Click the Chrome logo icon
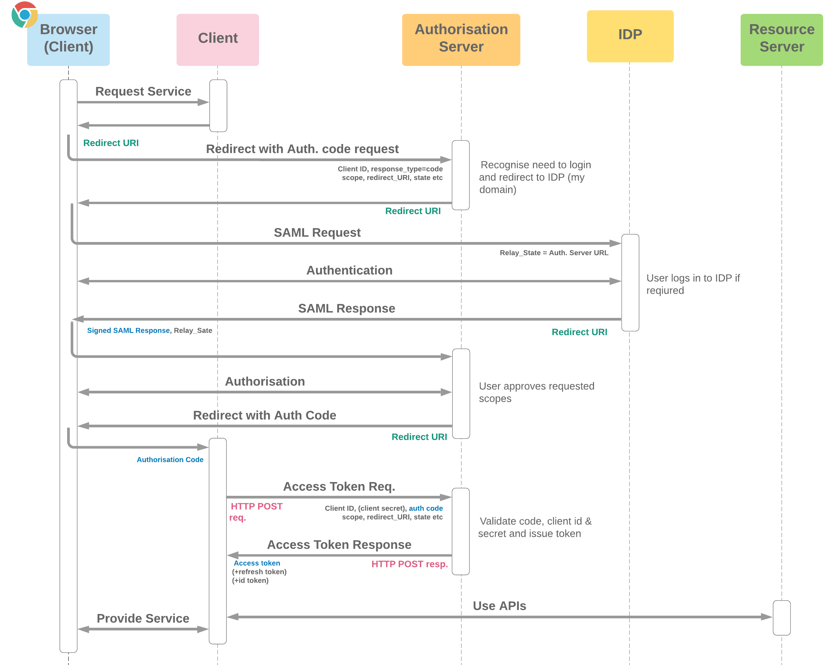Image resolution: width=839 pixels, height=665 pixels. point(24,15)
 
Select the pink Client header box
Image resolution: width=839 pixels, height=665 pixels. point(217,39)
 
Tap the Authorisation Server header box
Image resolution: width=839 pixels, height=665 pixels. point(461,39)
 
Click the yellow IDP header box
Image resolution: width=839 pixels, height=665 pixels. point(630,36)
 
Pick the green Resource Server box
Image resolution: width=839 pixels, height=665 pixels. point(781,39)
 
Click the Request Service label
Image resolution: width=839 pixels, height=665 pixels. point(143,91)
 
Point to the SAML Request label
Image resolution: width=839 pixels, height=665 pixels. point(317,232)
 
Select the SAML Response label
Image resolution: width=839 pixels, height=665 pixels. point(346,308)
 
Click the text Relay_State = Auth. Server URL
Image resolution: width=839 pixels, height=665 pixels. point(553,253)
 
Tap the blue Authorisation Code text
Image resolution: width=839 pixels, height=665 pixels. point(170,460)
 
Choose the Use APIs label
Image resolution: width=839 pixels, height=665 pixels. point(499,606)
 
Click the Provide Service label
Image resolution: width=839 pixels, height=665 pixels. point(143,618)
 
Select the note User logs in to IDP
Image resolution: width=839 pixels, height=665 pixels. point(693,284)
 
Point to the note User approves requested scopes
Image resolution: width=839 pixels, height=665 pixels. point(536,392)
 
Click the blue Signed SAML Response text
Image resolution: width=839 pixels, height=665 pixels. point(129,330)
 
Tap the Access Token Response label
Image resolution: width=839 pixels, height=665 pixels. point(339,544)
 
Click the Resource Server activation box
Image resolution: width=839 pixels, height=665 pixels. point(781,618)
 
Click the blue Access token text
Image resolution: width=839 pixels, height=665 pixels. point(257,563)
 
